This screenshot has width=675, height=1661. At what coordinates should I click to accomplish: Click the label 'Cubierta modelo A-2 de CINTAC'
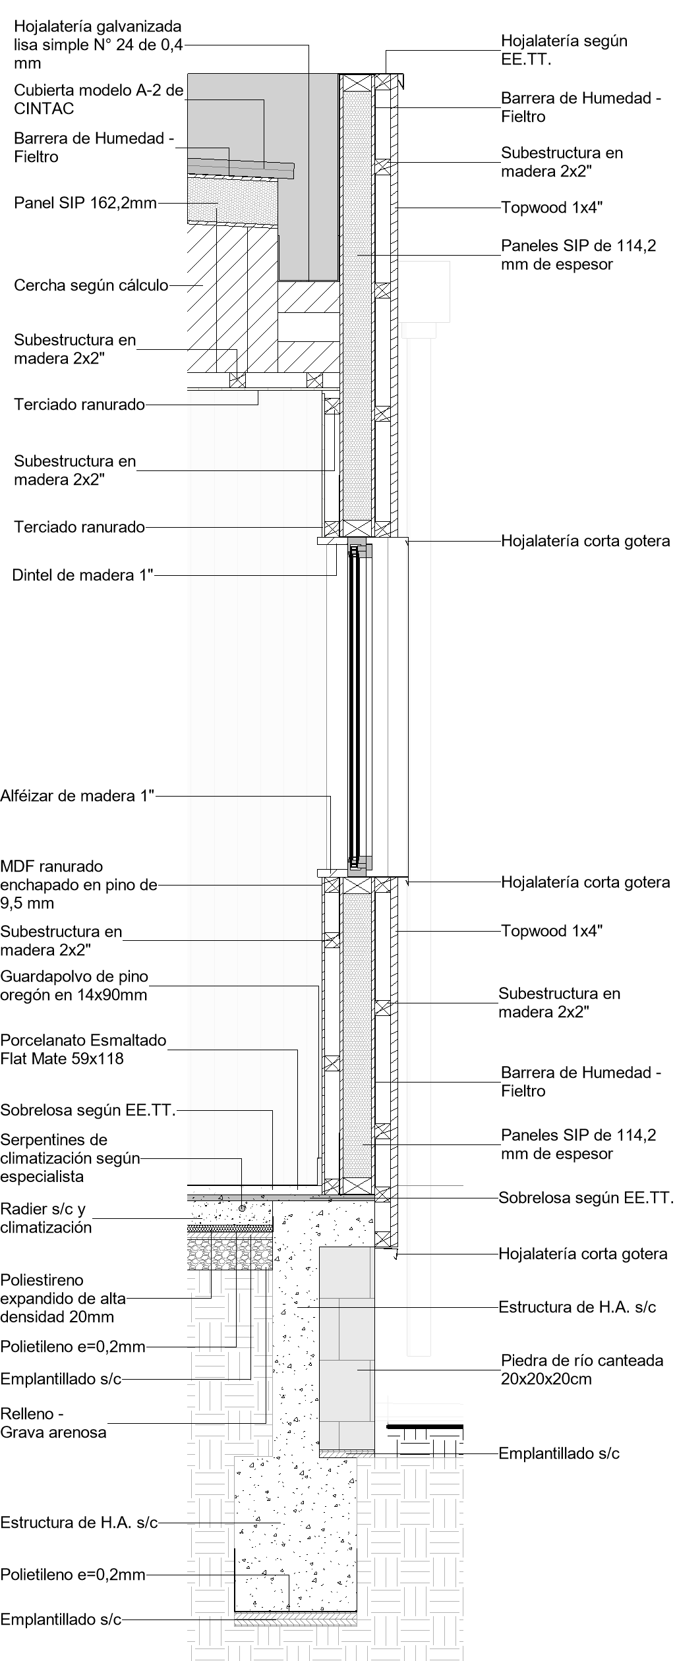click(99, 99)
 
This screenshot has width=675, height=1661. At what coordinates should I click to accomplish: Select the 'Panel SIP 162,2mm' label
click(85, 203)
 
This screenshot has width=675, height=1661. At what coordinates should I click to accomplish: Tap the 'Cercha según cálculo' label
click(91, 286)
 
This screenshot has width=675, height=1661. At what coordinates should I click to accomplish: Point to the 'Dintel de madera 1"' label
click(82, 575)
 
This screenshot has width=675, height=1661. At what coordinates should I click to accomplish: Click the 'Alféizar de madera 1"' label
click(77, 796)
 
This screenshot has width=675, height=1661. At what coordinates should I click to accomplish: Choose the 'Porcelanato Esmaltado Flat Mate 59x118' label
click(83, 1050)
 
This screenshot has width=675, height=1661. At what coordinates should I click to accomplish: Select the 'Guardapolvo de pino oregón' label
click(74, 985)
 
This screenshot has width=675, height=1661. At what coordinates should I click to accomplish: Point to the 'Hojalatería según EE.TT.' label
click(564, 50)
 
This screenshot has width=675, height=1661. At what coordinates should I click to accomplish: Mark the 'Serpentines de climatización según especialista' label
click(70, 1158)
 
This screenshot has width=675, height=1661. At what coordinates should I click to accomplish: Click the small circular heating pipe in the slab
click(242, 1208)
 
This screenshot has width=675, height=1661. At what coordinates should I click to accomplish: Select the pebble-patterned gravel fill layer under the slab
click(231, 1252)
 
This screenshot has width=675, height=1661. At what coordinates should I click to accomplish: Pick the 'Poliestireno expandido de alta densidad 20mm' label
click(63, 1298)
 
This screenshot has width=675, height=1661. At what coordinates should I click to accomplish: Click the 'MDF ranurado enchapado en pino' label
click(78, 885)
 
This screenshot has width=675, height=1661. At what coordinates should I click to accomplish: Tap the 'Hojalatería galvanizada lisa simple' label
click(98, 45)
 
